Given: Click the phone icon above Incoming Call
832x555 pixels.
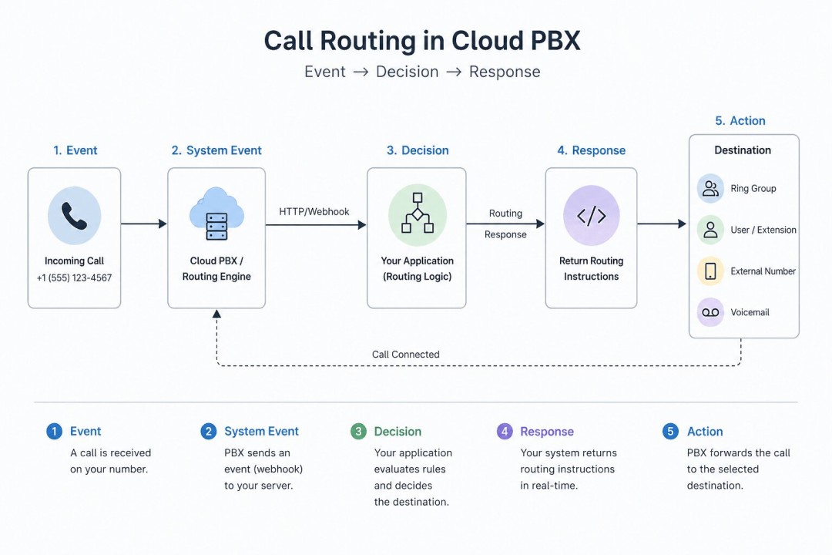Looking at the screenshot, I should (74, 216).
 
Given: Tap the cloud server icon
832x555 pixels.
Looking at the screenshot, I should (216, 214).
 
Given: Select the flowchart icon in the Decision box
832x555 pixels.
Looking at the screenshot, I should (417, 214).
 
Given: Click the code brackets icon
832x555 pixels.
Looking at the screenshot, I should (591, 215).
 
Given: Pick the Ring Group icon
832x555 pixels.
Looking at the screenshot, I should (710, 188).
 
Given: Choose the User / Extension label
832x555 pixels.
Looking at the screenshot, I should (763, 230).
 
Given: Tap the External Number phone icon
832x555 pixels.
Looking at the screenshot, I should (710, 271).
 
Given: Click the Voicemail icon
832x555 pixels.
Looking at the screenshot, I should (710, 312).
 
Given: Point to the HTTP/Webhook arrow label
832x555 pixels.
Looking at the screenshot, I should (314, 211).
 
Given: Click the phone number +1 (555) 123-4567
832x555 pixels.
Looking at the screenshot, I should (74, 277).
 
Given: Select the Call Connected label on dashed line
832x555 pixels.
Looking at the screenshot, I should (406, 355).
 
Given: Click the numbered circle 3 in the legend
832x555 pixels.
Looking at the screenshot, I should (358, 432).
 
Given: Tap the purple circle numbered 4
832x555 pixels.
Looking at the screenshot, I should (505, 432).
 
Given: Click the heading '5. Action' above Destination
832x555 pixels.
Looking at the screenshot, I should (740, 121).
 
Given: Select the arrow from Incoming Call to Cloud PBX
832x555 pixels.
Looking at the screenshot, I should (143, 224).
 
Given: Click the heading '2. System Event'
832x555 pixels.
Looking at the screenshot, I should (216, 150).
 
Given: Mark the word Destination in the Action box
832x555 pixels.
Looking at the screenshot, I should (743, 150).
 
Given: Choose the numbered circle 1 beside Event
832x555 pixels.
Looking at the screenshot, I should (54, 432).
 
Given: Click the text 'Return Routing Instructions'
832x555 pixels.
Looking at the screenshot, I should (591, 269).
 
